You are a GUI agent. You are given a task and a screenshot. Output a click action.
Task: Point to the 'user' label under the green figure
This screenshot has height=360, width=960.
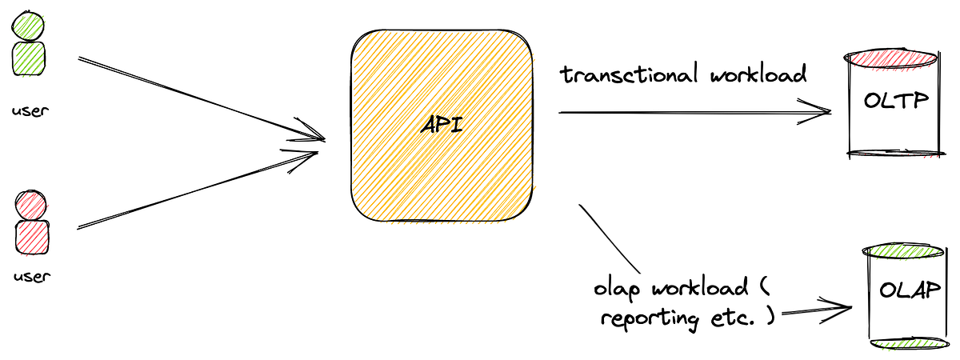click(30, 110)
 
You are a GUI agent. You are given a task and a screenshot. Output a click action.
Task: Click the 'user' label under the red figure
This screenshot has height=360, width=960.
click(30, 277)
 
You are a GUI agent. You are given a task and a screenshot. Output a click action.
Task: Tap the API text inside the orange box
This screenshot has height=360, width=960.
click(442, 126)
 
